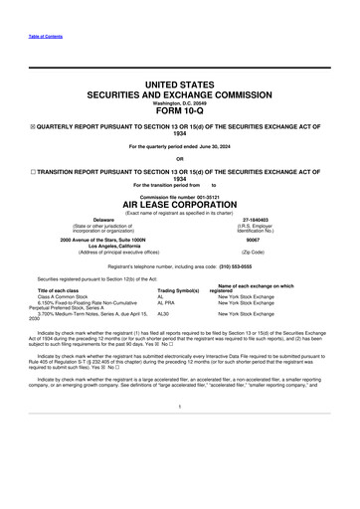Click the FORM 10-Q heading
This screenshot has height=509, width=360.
(x=179, y=110)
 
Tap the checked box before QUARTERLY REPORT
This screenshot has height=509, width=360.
(x=30, y=125)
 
